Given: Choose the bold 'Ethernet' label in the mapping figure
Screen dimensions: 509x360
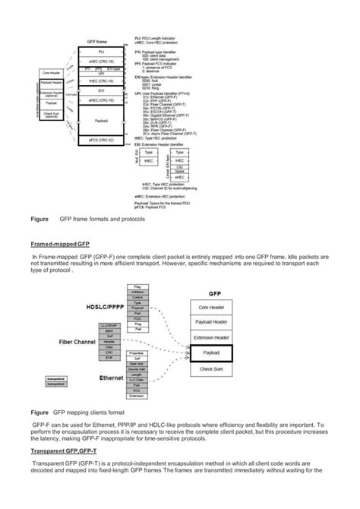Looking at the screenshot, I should click(x=111, y=377).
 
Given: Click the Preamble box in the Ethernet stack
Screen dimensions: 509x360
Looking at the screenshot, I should click(x=137, y=353).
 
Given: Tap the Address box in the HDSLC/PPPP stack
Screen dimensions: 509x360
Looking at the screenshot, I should click(x=137, y=292).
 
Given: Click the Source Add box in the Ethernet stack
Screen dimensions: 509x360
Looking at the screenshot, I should click(x=137, y=368).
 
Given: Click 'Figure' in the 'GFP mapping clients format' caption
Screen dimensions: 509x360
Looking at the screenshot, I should click(x=39, y=411).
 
